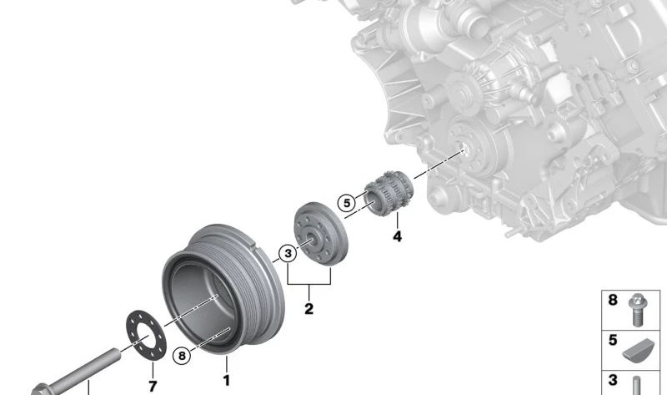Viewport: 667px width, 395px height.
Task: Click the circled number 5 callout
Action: click(x=347, y=203)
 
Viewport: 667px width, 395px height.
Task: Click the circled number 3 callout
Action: click(x=288, y=254)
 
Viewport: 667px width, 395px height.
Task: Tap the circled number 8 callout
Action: click(x=182, y=356)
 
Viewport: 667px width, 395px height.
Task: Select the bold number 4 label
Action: click(x=397, y=236)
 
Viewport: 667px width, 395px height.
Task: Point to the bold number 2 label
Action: click(x=308, y=308)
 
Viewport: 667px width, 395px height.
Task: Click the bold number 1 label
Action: click(x=226, y=380)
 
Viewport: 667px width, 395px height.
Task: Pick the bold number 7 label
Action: click(x=153, y=386)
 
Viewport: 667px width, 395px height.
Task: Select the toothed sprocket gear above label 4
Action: click(x=389, y=193)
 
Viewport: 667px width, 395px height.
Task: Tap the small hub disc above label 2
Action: click(x=321, y=234)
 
